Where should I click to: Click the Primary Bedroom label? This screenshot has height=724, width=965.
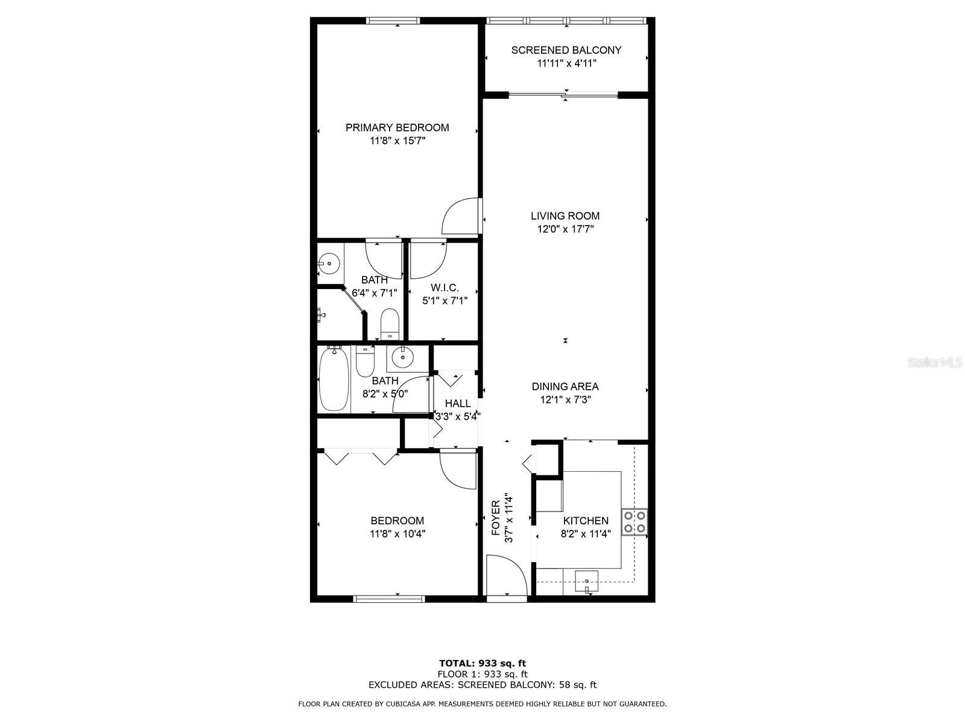pyautogui.click(x=397, y=128)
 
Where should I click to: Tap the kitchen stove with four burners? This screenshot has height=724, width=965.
pyautogui.click(x=634, y=522)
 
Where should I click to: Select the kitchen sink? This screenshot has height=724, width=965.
pyautogui.click(x=586, y=580)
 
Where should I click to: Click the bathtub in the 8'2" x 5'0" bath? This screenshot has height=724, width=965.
pyautogui.click(x=333, y=379)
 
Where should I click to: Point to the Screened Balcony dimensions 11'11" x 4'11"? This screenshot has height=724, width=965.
pyautogui.click(x=566, y=63)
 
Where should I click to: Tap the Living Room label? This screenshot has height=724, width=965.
pyautogui.click(x=565, y=216)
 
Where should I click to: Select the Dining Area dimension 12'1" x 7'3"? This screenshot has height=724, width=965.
pyautogui.click(x=565, y=399)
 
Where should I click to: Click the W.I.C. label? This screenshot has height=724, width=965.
pyautogui.click(x=445, y=288)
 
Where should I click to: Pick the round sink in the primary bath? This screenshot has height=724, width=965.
pyautogui.click(x=329, y=263)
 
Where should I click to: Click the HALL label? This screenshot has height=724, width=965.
pyautogui.click(x=457, y=404)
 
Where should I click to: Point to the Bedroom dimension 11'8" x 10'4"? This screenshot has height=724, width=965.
pyautogui.click(x=397, y=534)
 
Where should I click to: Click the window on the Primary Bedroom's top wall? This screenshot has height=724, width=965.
pyautogui.click(x=394, y=21)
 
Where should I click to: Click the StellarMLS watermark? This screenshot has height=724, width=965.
pyautogui.click(x=935, y=363)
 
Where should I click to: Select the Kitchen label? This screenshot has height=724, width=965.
pyautogui.click(x=586, y=521)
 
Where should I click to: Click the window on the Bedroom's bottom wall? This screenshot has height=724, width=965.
pyautogui.click(x=389, y=599)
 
